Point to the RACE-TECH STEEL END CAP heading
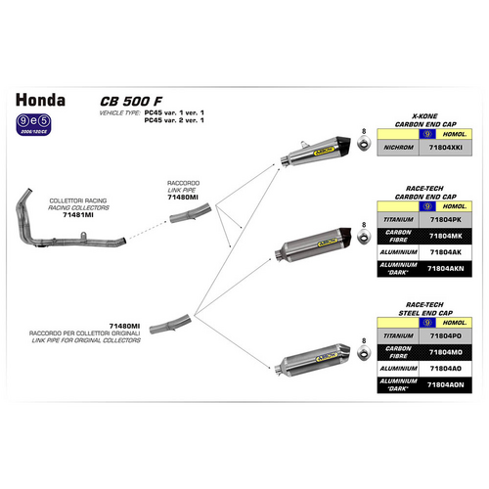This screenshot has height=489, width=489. click(418, 305)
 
